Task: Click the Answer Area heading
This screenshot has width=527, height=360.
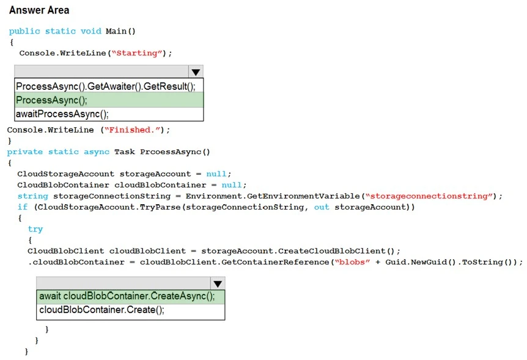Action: (39, 10)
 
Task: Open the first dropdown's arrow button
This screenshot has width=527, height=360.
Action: (196, 72)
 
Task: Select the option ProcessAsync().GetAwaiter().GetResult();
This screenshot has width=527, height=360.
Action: (106, 86)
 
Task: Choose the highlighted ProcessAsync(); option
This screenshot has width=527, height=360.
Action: (52, 100)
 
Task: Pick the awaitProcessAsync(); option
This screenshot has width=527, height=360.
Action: (62, 114)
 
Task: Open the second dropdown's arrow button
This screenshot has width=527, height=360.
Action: (218, 284)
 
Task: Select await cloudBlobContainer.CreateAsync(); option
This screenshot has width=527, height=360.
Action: (127, 296)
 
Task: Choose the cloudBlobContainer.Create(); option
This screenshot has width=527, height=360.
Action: (101, 310)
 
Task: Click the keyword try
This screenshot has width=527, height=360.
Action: (35, 229)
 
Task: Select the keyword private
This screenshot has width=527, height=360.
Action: (25, 152)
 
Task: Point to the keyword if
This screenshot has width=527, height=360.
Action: (22, 207)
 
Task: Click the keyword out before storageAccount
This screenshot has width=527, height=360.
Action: (322, 207)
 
